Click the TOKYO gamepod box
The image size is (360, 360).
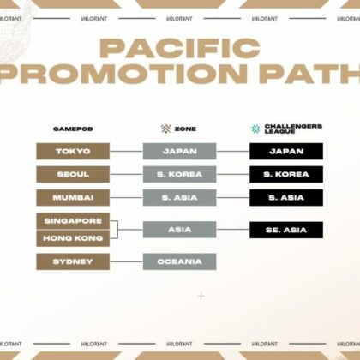pos(72,152)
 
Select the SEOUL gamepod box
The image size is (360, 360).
pos(72,175)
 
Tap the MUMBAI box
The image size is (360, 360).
pos(72,198)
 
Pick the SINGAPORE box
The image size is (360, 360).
pos(72,221)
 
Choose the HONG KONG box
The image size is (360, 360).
pos(72,239)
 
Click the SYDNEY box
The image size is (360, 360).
pos(72,261)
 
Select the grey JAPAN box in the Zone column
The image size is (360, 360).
pos(179,152)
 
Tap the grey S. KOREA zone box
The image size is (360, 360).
pos(179,175)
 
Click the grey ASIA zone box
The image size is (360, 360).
pos(179,230)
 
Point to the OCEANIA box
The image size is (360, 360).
pos(179,261)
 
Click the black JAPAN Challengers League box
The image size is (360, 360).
pos(286,152)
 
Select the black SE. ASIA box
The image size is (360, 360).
pos(286,230)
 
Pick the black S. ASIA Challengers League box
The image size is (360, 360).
pos(286,198)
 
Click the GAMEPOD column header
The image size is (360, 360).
pos(72,129)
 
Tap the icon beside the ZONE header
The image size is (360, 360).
pos(166,129)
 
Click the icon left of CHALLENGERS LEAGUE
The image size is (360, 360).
pos(255,129)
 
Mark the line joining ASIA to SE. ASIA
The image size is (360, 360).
pos(232,230)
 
